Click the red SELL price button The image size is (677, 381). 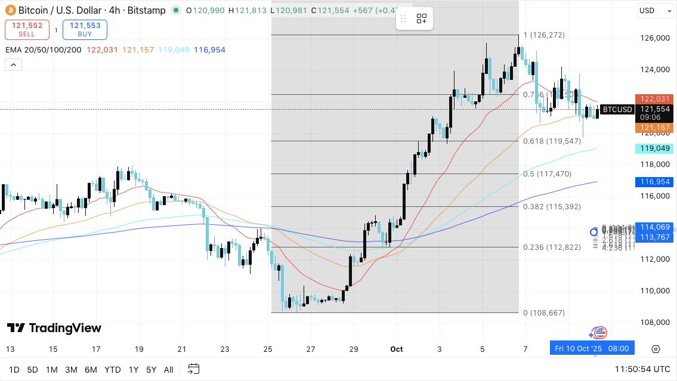click(27, 29)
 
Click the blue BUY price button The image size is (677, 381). click(85, 29)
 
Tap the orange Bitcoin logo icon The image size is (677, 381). click(10, 10)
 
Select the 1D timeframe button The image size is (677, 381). click(14, 370)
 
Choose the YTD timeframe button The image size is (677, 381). click(112, 370)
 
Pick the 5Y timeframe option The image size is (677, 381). click(152, 370)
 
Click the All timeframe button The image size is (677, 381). click(169, 370)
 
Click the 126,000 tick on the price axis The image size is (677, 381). click(654, 38)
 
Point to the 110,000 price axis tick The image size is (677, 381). click(654, 291)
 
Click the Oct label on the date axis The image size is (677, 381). click(397, 349)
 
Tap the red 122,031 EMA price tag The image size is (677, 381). click(656, 99)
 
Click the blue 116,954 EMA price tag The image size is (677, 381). click(656, 182)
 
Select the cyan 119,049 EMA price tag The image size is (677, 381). click(656, 148)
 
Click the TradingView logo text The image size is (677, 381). click(54, 328)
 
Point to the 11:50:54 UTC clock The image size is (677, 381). click(642, 370)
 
